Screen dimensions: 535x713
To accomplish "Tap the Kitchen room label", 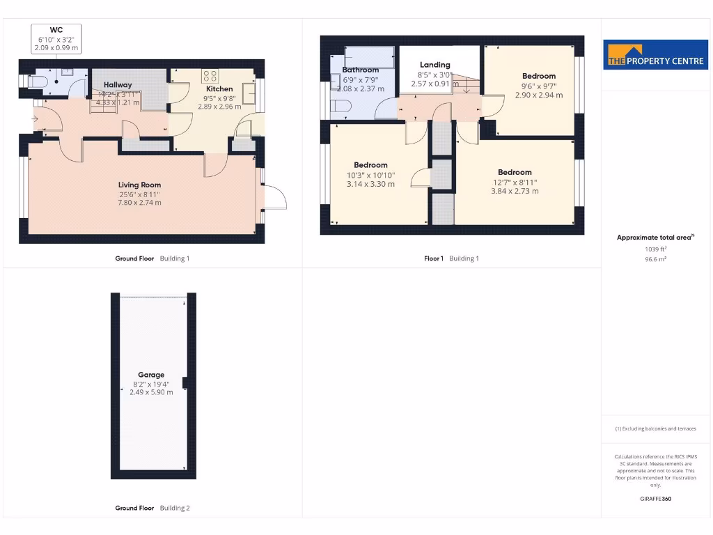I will [x=219, y=89].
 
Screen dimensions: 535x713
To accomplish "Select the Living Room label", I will [x=139, y=185].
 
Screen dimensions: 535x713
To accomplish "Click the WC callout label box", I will [x=56, y=39].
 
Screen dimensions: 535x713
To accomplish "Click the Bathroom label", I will [x=361, y=70].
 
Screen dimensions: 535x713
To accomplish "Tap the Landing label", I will [x=434, y=65].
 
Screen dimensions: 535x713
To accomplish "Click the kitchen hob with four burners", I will [x=210, y=75].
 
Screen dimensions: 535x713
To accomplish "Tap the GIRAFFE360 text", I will [x=655, y=499].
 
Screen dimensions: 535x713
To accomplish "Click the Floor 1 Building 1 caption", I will [x=451, y=258].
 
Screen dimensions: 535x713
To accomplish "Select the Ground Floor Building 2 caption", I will [x=152, y=508].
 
